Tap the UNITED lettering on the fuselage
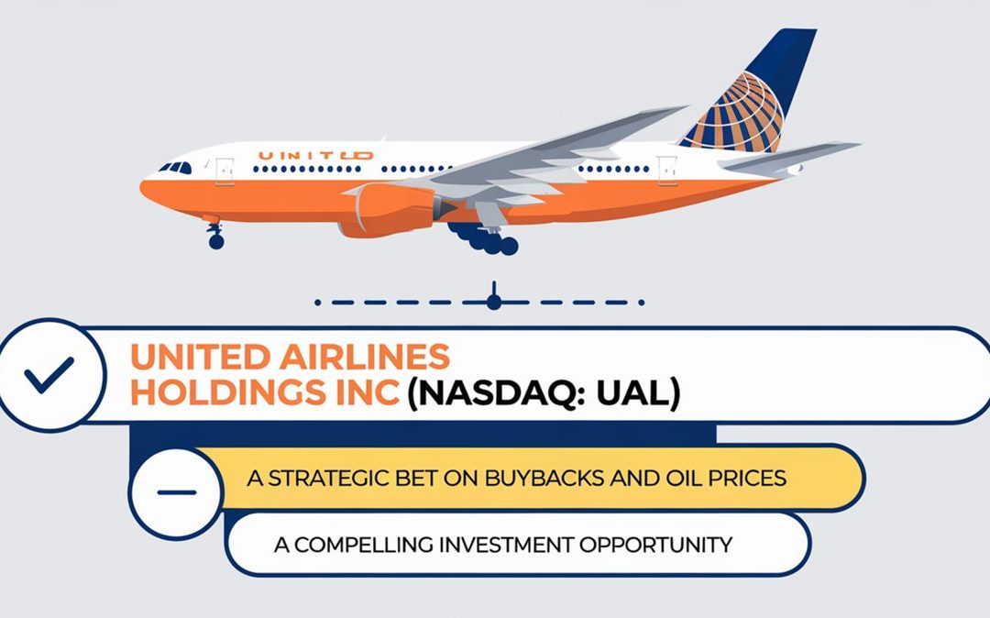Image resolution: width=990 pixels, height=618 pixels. (x=315, y=156)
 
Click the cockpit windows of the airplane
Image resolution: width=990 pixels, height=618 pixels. (x=175, y=168)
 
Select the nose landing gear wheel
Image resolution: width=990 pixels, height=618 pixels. (x=215, y=241)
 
